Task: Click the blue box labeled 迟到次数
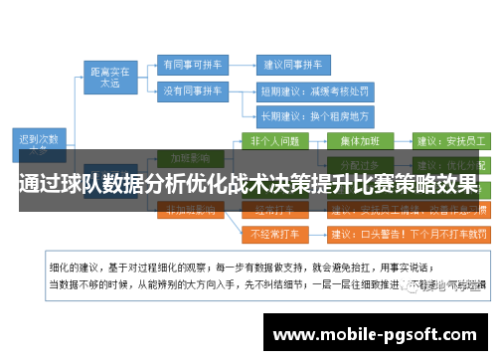40,142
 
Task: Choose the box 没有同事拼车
192,90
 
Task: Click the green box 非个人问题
275,140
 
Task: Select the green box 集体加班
365,140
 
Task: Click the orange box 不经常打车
275,235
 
